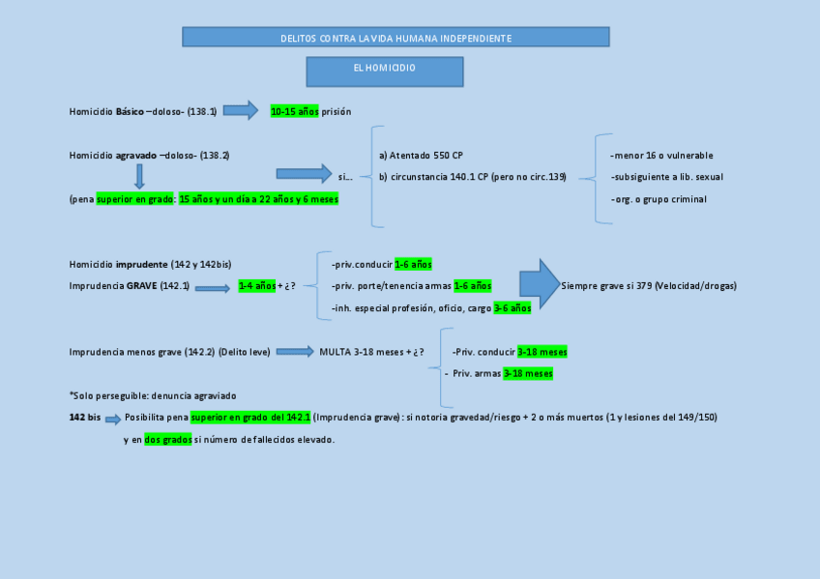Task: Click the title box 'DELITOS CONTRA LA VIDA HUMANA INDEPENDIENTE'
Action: pyautogui.click(x=395, y=38)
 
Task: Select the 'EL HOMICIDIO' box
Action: pyautogui.click(x=385, y=71)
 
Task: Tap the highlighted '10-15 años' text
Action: pyautogui.click(x=294, y=111)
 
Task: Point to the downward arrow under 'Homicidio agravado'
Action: pyautogui.click(x=140, y=176)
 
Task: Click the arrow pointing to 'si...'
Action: pyautogui.click(x=304, y=174)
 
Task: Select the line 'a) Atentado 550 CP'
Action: pyautogui.click(x=422, y=155)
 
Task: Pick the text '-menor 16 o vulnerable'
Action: pyautogui.click(x=661, y=155)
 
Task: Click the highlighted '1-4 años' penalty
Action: pyautogui.click(x=256, y=286)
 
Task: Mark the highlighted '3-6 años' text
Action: pyautogui.click(x=512, y=307)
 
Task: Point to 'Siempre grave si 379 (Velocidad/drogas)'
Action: pyautogui.click(x=648, y=286)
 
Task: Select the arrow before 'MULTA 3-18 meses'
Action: pyautogui.click(x=296, y=352)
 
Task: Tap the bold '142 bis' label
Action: pyautogui.click(x=85, y=417)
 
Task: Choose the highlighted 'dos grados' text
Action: pyautogui.click(x=168, y=439)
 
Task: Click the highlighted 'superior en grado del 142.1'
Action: pyautogui.click(x=250, y=417)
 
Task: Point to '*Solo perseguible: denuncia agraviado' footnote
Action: pyautogui.click(x=153, y=395)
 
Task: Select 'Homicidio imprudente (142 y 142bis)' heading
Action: pyautogui.click(x=150, y=264)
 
